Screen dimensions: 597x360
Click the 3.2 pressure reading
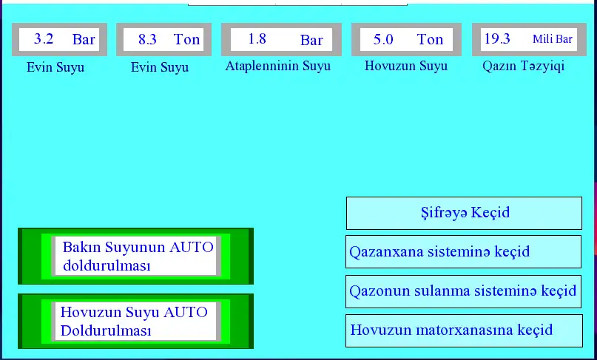point(44,39)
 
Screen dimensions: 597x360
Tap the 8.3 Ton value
point(147,39)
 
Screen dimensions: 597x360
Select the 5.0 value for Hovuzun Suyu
point(383,39)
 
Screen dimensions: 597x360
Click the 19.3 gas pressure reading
point(497,39)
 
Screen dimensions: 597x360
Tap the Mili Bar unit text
point(553,39)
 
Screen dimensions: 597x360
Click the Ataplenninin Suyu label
point(278,66)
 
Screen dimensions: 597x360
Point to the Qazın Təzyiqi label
point(523,66)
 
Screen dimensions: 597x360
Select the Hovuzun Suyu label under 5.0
point(406,66)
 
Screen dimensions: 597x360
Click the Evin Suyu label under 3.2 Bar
point(55,67)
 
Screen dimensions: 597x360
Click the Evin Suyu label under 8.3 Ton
point(160,67)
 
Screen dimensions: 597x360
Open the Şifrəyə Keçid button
point(464,213)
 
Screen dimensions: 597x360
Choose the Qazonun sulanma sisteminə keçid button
point(463,291)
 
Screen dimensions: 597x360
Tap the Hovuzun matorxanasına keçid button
point(464,330)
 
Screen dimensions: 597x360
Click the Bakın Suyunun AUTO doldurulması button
point(135,256)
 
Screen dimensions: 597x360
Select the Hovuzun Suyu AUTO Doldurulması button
point(135,321)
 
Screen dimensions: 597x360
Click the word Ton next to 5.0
point(430,39)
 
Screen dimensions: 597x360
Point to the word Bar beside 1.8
point(311,40)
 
